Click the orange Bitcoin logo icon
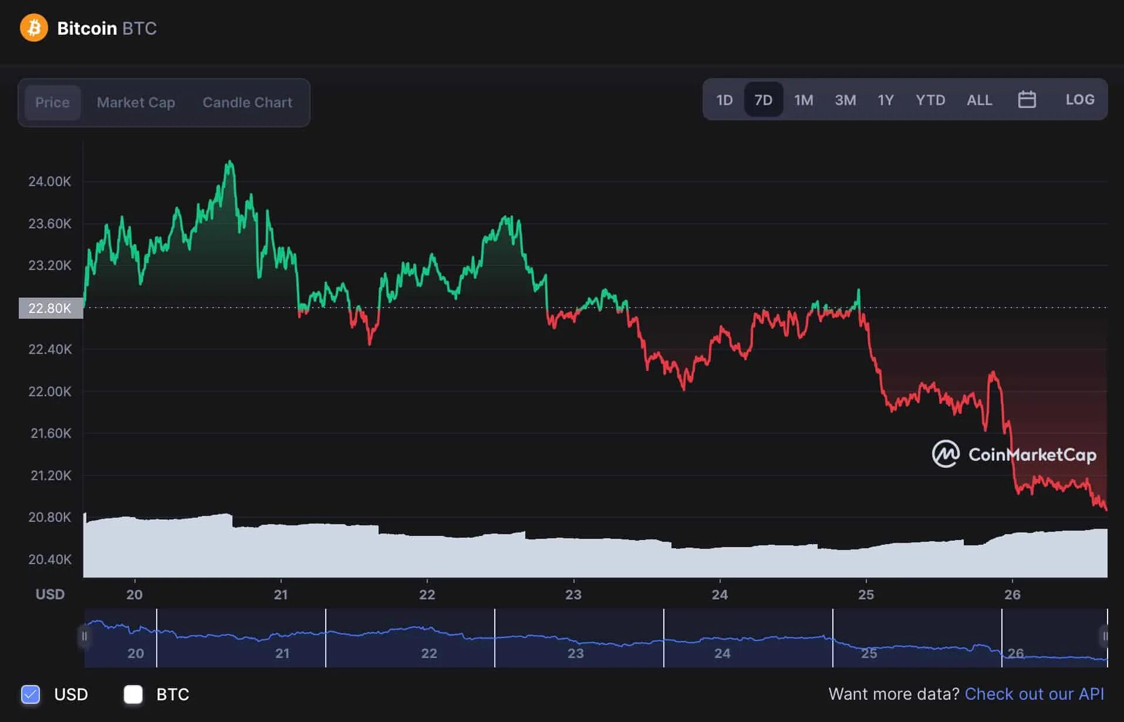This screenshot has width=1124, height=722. coord(33,28)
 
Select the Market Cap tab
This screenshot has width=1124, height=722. coord(136,103)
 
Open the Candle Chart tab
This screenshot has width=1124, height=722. coord(247,103)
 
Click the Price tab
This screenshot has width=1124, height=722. coord(52,103)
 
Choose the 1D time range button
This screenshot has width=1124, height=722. coord(724,100)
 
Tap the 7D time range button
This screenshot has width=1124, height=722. coord(763,100)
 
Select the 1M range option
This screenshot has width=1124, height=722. coord(804,100)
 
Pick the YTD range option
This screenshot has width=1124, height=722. coord(930,100)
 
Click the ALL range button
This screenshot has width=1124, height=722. coord(979,100)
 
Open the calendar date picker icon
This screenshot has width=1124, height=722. coord(1027,100)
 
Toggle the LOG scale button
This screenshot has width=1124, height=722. coord(1079,100)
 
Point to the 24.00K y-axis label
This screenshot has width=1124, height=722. coord(50,181)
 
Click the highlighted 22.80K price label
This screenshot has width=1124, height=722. coord(50,308)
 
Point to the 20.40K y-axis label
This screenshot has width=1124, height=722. coord(50,559)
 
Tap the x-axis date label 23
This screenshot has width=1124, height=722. coord(573,595)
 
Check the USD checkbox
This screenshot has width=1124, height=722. coord(31,694)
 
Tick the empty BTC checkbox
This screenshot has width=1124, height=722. coord(133,694)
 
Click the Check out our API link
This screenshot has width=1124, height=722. coord(1034,694)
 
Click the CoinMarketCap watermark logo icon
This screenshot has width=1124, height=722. coord(946,454)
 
